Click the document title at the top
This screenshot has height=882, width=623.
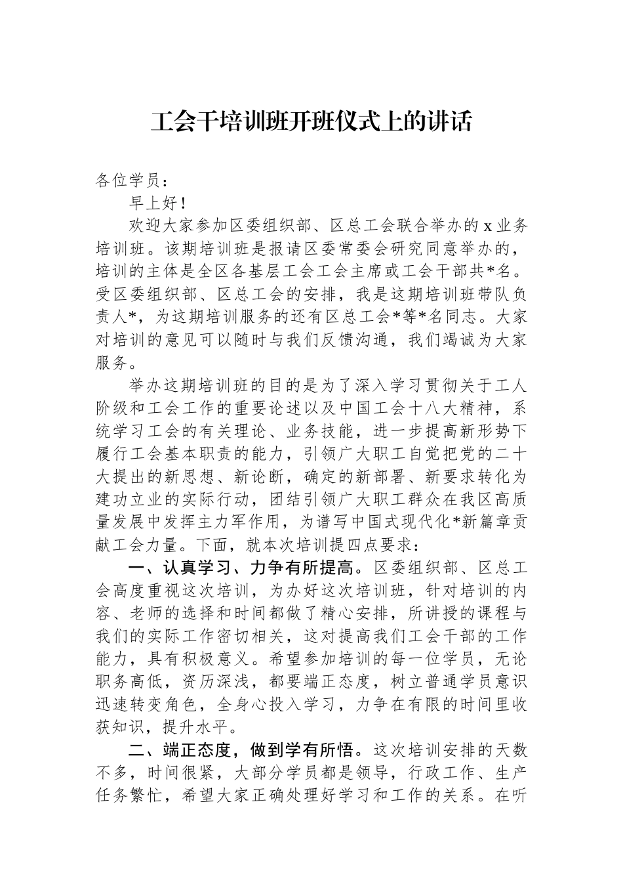311,123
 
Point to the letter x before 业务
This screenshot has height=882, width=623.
487,227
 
